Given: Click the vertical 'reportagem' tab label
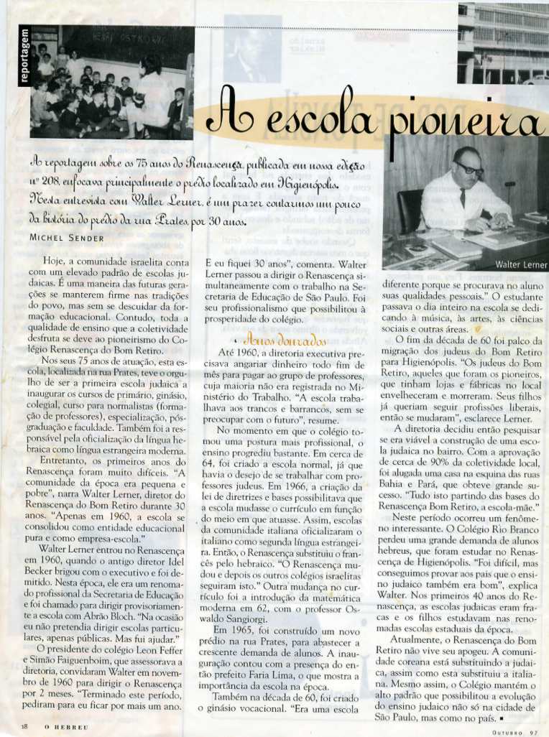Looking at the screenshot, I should pos(24,57).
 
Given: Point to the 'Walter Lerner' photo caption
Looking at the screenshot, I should pos(521,264).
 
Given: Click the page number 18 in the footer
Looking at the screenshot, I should pos(24,727).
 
